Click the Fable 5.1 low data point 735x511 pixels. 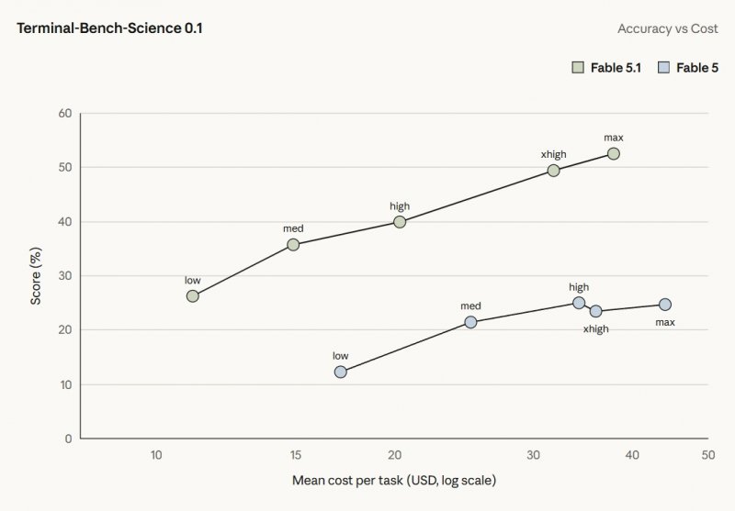pyautogui.click(x=193, y=295)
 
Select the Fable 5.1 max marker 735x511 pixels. pyautogui.click(x=614, y=153)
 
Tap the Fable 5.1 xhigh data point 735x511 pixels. pyautogui.click(x=554, y=171)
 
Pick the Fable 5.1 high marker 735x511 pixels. pyautogui.click(x=400, y=222)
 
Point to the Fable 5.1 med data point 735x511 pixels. pyautogui.click(x=293, y=244)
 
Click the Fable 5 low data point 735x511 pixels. pyautogui.click(x=341, y=372)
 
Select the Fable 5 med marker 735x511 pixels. pyautogui.click(x=470, y=322)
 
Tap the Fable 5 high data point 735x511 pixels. pyautogui.click(x=579, y=303)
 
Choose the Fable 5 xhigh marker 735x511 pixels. pyautogui.click(x=595, y=311)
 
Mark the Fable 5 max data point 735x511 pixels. pyautogui.click(x=665, y=305)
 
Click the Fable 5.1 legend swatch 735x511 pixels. pyautogui.click(x=578, y=67)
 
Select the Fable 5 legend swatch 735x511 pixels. pyautogui.click(x=663, y=67)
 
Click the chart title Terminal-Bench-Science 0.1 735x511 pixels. pyautogui.click(x=109, y=28)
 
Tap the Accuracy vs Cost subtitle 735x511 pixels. pyautogui.click(x=668, y=28)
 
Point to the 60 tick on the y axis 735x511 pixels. pyautogui.click(x=65, y=113)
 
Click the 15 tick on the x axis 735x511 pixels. pyautogui.click(x=295, y=455)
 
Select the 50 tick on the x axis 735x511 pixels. pyautogui.click(x=708, y=455)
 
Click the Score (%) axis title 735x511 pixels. pyautogui.click(x=36, y=276)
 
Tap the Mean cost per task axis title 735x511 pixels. pyautogui.click(x=394, y=480)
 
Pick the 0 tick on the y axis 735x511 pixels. pyautogui.click(x=68, y=439)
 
